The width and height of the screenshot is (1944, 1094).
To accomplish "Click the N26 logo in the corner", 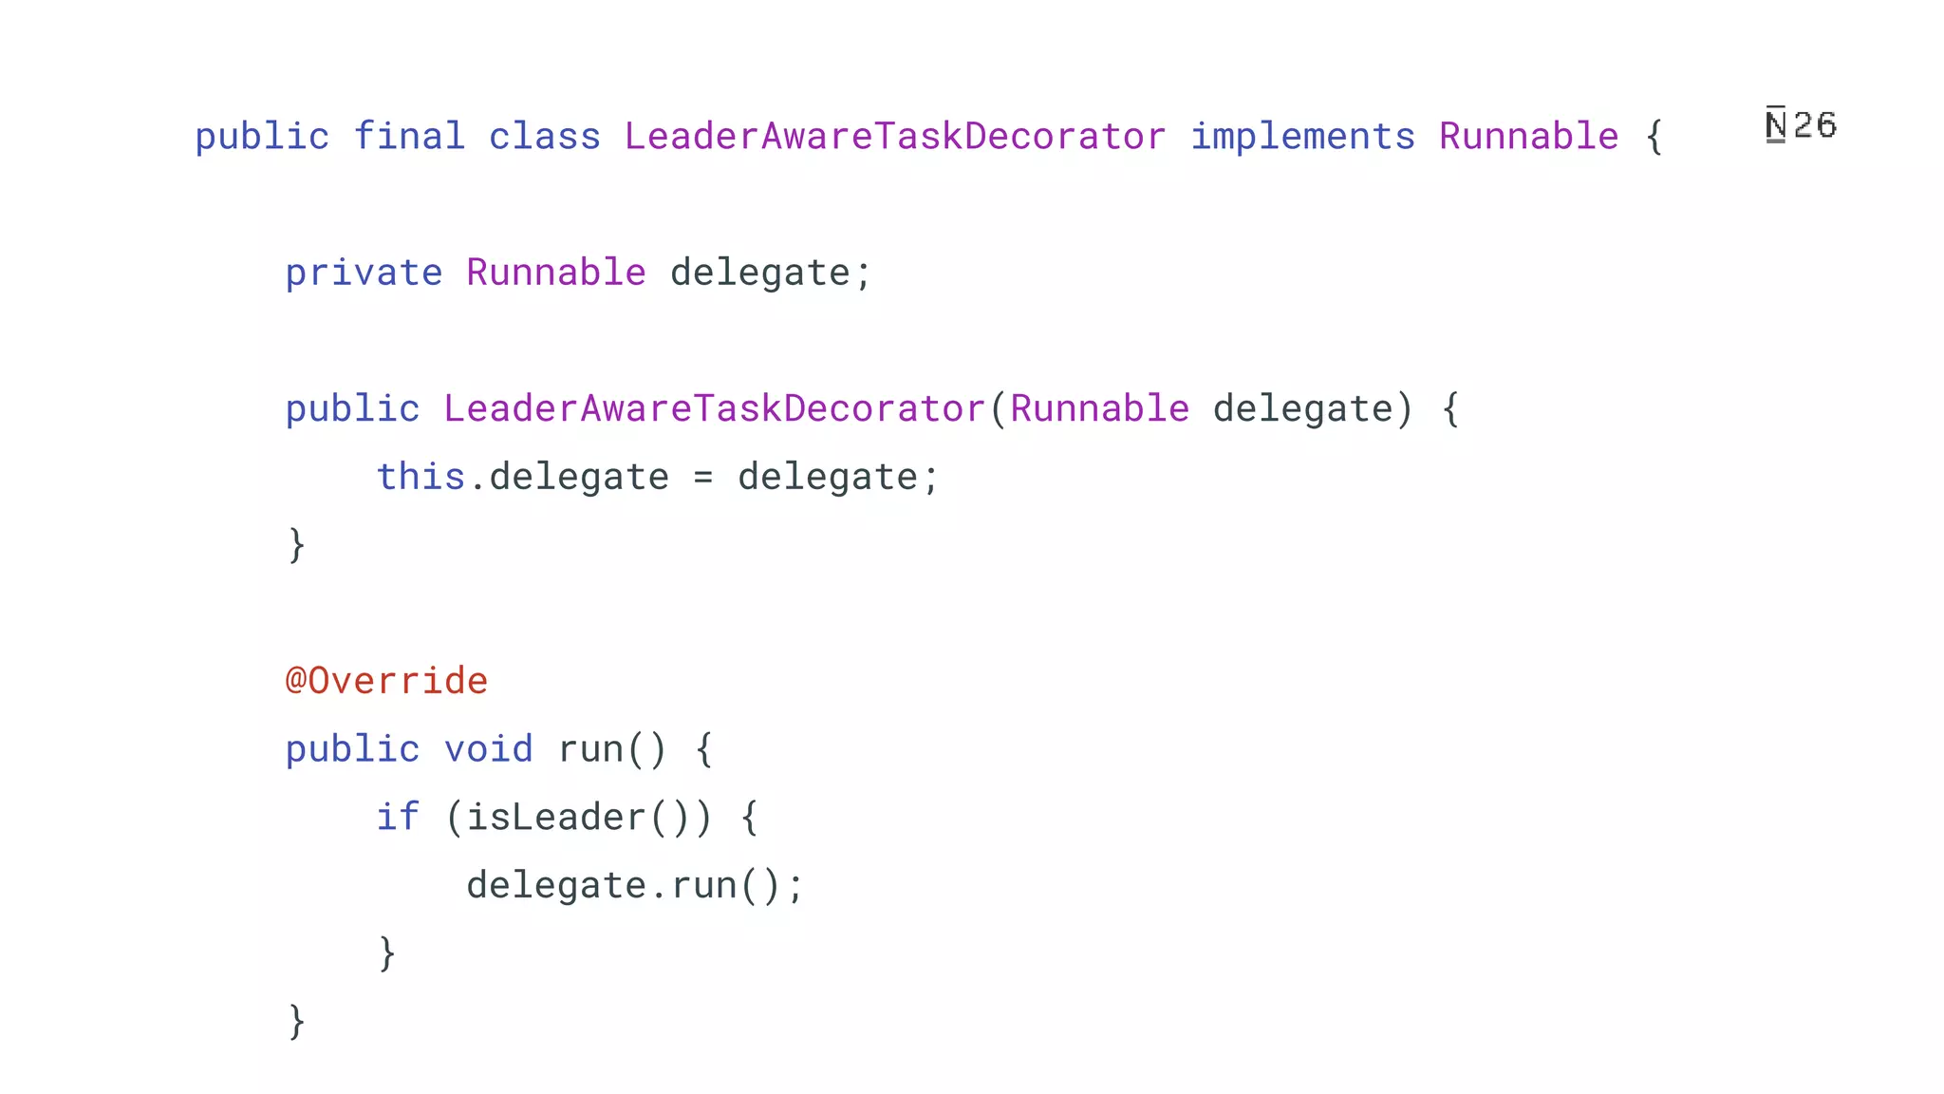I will [1801, 125].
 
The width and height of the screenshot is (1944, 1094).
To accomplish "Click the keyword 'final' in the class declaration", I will [409, 137].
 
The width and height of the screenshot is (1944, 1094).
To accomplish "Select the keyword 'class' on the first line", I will [545, 137].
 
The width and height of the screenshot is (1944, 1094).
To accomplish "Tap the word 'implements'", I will [1302, 137].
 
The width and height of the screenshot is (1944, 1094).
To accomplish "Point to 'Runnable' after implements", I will [1528, 137].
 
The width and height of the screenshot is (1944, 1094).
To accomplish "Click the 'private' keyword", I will [364, 273].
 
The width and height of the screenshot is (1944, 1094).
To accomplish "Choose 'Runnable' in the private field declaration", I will [556, 273].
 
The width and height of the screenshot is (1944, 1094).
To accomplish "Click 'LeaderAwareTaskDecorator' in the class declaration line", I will [895, 137].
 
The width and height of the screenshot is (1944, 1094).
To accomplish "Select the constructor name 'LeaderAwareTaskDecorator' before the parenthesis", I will [714, 409].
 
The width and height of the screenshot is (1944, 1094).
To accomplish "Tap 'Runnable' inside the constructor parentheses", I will [1099, 409].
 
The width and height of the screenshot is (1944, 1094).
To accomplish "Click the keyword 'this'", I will [421, 477].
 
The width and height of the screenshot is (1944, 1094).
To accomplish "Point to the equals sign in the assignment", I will [702, 478].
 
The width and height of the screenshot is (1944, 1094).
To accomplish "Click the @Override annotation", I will [386, 681].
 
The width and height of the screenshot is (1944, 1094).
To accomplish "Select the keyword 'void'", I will [488, 749].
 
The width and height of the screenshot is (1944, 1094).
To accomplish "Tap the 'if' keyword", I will [398, 817].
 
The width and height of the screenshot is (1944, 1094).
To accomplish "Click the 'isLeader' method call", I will [556, 818].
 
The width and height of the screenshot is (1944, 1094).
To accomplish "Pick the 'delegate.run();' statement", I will [634, 885].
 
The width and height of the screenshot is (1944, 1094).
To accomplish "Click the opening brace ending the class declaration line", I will [1654, 137].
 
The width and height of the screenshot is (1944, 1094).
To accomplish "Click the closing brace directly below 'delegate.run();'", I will [386, 953].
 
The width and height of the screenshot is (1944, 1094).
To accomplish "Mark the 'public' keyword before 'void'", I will [352, 749].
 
